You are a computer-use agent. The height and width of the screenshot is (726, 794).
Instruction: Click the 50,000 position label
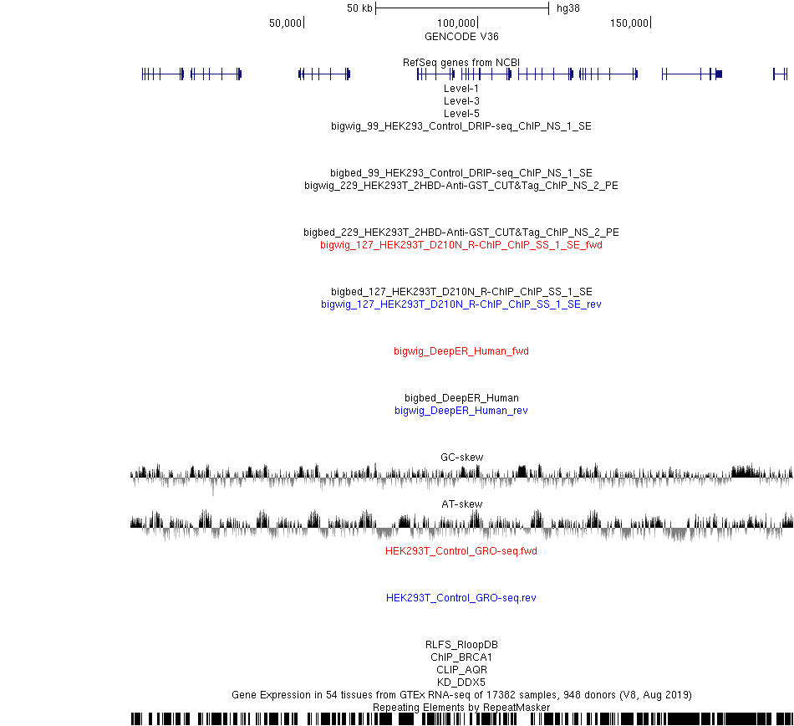click(285, 23)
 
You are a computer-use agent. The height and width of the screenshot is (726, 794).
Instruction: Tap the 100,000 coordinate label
click(456, 23)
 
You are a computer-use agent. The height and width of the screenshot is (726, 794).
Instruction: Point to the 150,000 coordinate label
click(629, 23)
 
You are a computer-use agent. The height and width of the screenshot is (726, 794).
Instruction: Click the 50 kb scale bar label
click(359, 8)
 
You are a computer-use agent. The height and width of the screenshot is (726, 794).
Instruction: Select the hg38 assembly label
click(568, 8)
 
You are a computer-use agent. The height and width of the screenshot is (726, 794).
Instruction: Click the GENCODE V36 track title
click(461, 37)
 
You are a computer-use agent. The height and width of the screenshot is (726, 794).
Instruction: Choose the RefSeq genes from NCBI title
click(461, 63)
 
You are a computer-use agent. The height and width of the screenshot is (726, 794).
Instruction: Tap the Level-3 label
click(461, 101)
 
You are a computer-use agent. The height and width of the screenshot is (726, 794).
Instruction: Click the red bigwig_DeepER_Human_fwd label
click(461, 351)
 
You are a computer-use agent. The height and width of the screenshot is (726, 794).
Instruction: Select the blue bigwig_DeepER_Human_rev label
click(461, 411)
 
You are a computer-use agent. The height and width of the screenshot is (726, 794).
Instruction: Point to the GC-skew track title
click(462, 457)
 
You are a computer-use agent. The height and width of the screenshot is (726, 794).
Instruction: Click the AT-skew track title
click(462, 504)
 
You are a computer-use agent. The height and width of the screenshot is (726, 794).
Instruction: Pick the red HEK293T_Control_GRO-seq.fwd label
click(461, 550)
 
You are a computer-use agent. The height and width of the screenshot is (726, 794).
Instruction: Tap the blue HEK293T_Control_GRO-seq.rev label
click(461, 598)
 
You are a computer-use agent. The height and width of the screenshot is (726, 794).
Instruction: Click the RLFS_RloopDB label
click(461, 644)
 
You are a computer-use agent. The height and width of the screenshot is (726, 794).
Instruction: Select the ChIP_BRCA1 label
click(461, 657)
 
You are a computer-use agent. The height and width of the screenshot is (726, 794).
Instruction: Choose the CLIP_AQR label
click(461, 670)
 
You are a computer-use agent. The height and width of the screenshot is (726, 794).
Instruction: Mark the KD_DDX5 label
click(461, 683)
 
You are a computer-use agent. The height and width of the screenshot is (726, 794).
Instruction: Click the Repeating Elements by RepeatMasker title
click(461, 708)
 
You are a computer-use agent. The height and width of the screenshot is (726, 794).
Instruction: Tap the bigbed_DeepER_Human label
click(461, 397)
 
